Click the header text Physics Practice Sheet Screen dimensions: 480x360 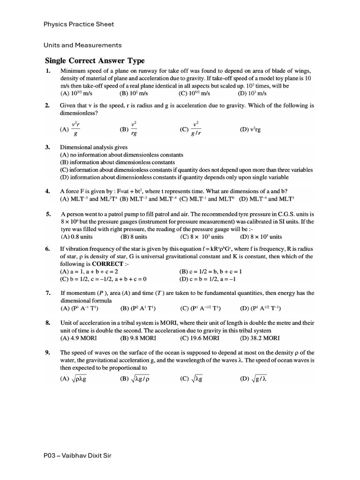click(79, 24)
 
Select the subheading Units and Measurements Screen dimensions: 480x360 click(83, 45)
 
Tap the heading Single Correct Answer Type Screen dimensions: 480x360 click(95, 60)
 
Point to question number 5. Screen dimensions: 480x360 click(48, 214)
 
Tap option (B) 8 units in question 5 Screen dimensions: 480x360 click(132, 237)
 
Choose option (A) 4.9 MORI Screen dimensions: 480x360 click(79, 338)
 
